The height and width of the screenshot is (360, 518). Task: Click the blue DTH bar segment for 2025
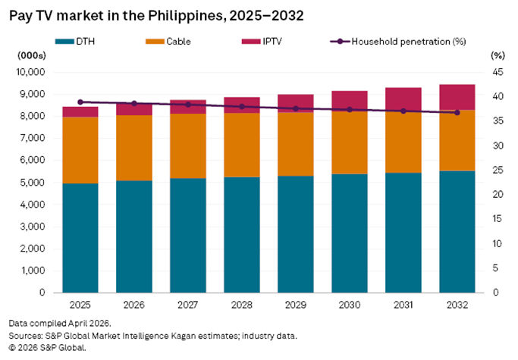click(x=80, y=237)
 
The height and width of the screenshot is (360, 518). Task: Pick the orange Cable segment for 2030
click(x=349, y=142)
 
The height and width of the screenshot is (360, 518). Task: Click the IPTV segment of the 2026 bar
click(x=134, y=110)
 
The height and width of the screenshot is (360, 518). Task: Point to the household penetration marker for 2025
click(x=80, y=102)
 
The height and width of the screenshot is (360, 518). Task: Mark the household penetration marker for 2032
click(x=457, y=112)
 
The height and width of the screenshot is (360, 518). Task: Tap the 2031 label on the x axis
click(x=403, y=305)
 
